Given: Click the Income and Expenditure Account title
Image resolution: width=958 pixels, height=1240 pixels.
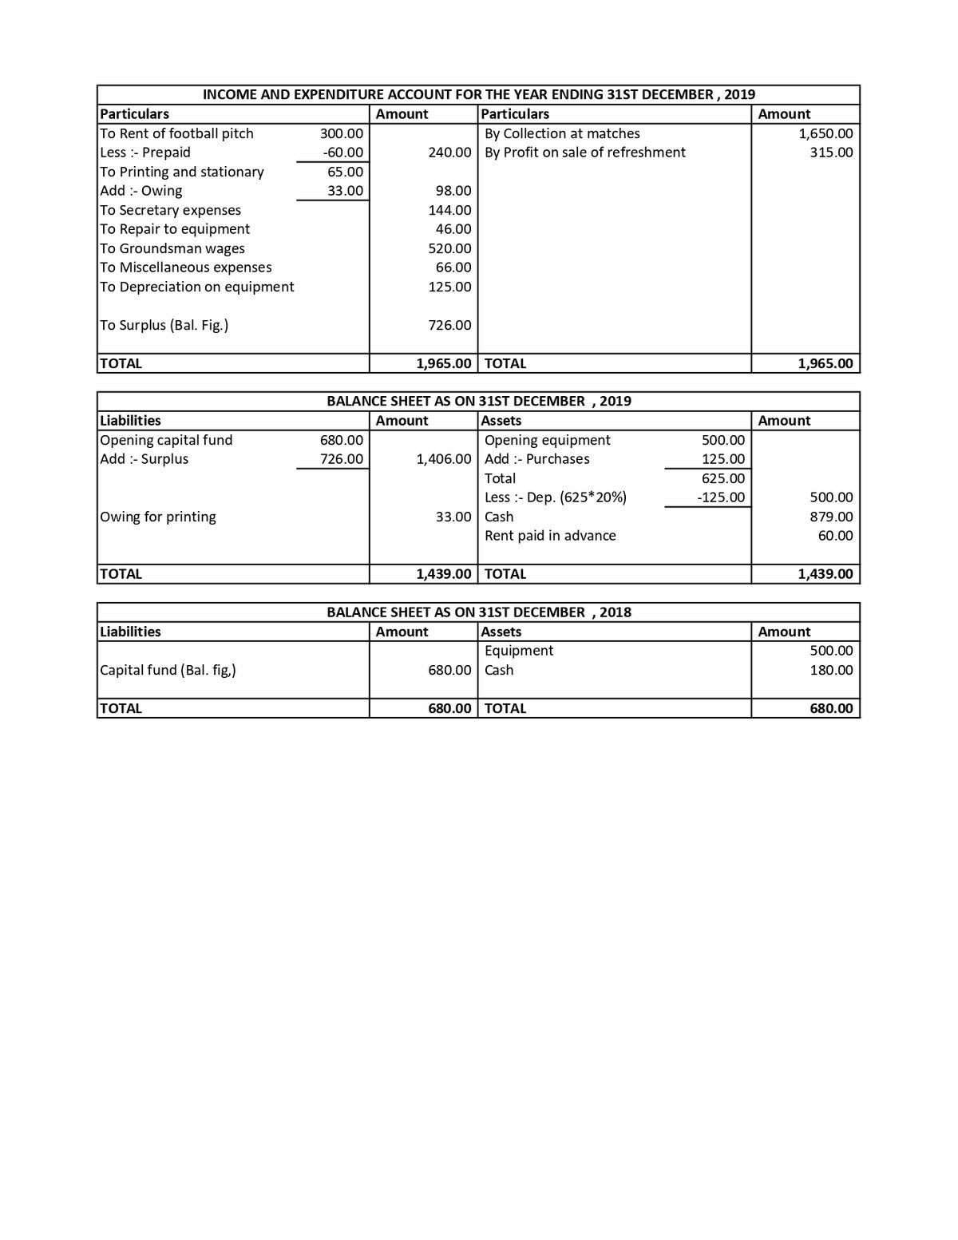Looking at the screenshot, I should [x=478, y=94].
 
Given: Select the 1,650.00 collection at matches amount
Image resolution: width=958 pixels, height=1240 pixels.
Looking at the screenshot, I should [x=825, y=133].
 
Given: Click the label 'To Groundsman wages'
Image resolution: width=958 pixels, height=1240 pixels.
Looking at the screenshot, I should [x=172, y=248].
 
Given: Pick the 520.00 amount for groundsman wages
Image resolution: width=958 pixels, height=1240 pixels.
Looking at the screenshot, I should [x=450, y=248].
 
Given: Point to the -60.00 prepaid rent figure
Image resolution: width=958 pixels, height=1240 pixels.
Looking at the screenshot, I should [x=342, y=153].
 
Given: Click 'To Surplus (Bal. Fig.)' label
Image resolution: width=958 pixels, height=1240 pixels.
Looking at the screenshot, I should [x=164, y=325].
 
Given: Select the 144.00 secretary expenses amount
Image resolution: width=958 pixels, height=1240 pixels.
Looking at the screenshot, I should [x=450, y=210].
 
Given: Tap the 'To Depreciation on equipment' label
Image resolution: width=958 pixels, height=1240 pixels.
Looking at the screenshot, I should [x=197, y=287].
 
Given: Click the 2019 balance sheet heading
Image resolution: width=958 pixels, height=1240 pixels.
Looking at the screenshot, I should [x=478, y=401].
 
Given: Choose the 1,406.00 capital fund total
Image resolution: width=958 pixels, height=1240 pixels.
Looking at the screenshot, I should [x=444, y=459].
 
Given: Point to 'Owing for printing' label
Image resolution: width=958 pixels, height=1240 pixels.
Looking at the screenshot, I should [x=158, y=517].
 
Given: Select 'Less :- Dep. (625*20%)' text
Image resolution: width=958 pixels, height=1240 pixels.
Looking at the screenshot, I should [x=556, y=497].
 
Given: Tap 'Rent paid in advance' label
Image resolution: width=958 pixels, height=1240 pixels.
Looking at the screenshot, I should [x=550, y=536].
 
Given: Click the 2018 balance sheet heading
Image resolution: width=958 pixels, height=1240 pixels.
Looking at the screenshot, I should [x=478, y=612].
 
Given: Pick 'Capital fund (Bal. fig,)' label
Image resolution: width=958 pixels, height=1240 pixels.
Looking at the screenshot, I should [x=168, y=670].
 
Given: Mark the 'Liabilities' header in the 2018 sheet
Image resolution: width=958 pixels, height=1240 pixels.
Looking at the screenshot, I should [x=130, y=632].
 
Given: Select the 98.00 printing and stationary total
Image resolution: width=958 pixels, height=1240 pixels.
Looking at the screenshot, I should [x=453, y=191].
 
